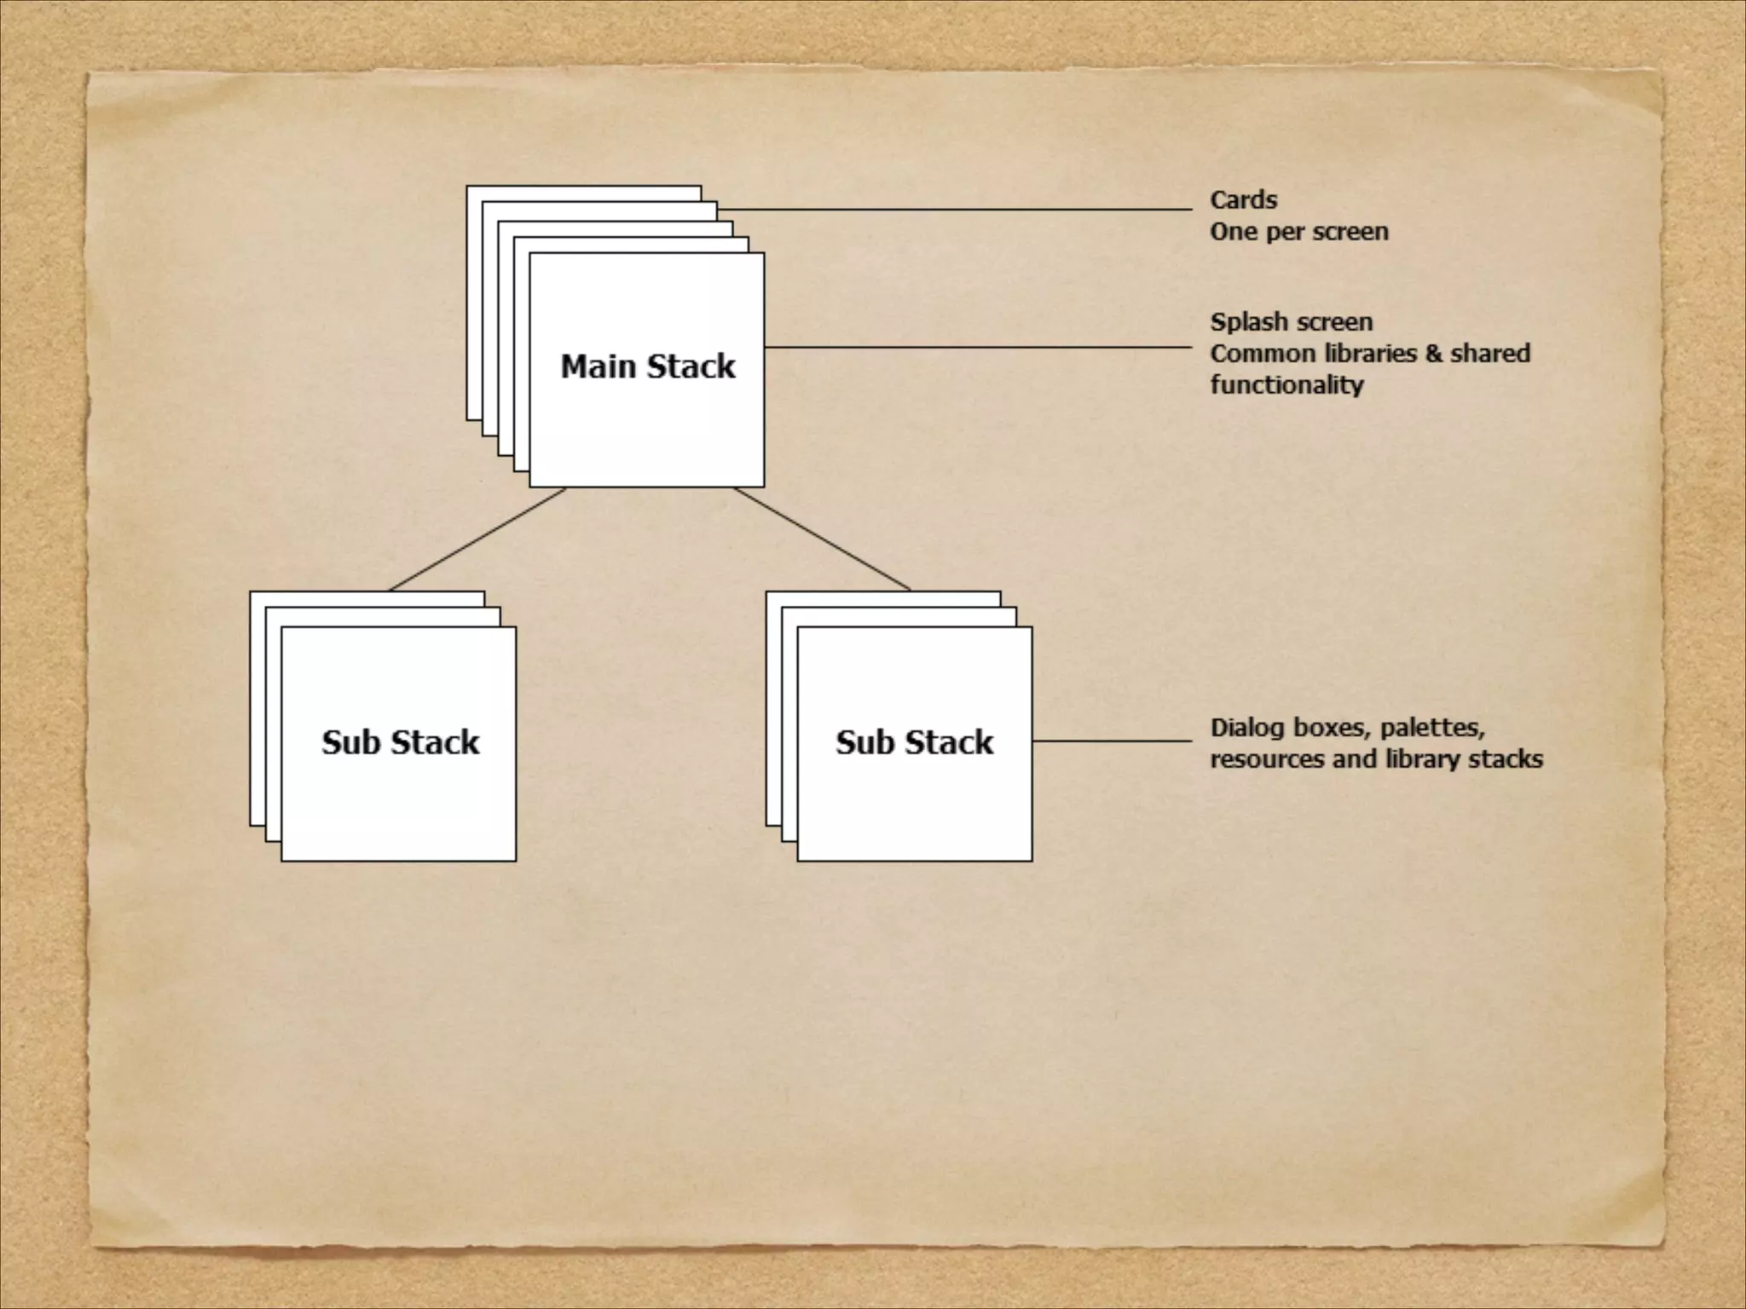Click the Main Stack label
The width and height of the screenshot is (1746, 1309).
[x=647, y=366]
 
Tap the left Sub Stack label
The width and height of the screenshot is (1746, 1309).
[x=400, y=742]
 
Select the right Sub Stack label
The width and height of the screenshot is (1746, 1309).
[x=914, y=742]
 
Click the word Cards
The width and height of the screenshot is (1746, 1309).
[x=1244, y=200]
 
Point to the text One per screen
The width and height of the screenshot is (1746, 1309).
[x=1299, y=232]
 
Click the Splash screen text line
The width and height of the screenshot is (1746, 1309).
[x=1292, y=322]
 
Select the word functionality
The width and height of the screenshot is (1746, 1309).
[x=1287, y=385]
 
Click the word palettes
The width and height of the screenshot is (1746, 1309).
[x=1432, y=728]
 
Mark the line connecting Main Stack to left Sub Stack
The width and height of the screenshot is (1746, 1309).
[x=477, y=539]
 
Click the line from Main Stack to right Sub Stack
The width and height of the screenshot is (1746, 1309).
[x=822, y=539]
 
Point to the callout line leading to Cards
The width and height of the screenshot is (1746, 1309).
[x=955, y=209]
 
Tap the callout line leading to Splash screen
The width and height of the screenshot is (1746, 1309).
[x=978, y=348]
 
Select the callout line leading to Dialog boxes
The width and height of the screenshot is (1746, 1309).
[x=1112, y=741]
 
